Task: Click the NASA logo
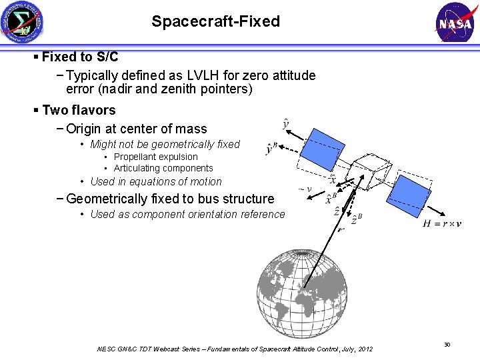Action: coord(456,22)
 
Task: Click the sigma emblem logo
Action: coord(22,22)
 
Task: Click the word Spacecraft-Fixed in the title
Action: coord(215,21)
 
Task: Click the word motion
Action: coord(206,181)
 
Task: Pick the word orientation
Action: coord(203,214)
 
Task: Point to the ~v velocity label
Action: coord(305,189)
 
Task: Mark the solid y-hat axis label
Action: coord(286,123)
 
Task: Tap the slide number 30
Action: coord(447,344)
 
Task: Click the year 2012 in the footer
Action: coord(365,349)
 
